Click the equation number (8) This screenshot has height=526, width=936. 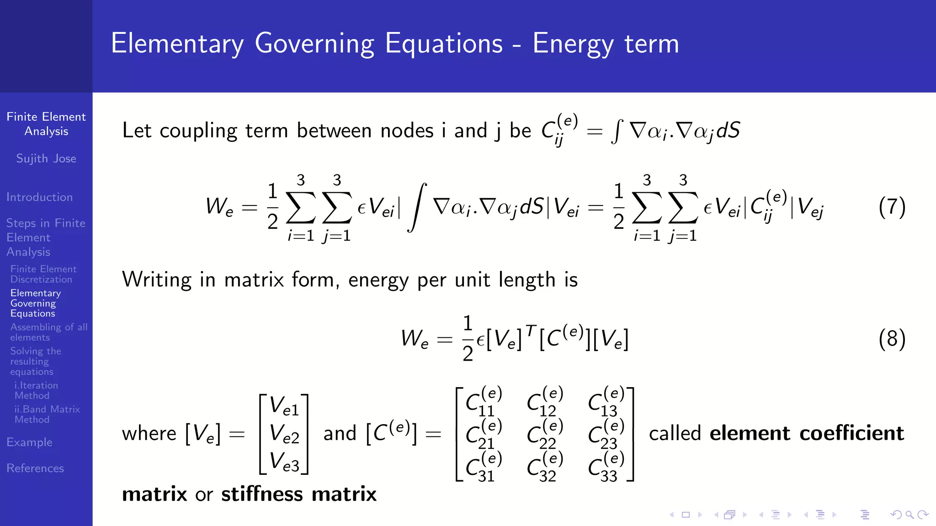[x=892, y=339]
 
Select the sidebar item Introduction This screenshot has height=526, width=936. [x=40, y=197]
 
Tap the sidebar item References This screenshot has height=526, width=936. [x=35, y=468]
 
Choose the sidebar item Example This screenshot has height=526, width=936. [x=30, y=442]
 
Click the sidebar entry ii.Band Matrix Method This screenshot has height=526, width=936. [x=47, y=414]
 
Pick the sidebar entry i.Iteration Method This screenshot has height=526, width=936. [x=36, y=390]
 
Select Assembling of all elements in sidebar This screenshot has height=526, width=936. [x=48, y=332]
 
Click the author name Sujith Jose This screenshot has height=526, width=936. [x=46, y=158]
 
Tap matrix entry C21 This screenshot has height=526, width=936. [x=483, y=434]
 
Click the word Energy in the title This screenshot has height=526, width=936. [x=574, y=44]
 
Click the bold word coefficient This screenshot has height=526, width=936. [x=852, y=433]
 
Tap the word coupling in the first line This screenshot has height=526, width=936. [x=198, y=131]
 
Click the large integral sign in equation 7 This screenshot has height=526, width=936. [x=417, y=207]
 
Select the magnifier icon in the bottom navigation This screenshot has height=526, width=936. [x=909, y=515]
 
